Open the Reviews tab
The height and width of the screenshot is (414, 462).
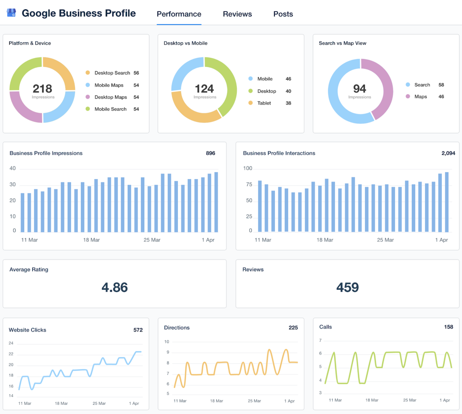[237, 14]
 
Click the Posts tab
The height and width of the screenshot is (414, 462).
[283, 14]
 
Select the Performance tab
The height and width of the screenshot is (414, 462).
[179, 14]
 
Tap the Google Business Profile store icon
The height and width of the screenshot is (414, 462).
[11, 13]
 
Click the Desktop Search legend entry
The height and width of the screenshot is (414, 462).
[112, 73]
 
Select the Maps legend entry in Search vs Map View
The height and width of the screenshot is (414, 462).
[420, 97]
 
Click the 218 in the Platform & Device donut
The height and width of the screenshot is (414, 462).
[42, 89]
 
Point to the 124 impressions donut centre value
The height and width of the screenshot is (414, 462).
[204, 89]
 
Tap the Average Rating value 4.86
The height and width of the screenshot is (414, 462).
[114, 287]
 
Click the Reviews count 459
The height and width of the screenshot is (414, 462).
[348, 287]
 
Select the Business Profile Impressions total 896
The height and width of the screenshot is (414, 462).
[210, 153]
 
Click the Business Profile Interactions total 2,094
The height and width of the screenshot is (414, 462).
[448, 153]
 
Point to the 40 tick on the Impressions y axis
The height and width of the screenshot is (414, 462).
[13, 169]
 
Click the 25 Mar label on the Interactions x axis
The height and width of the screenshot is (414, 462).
[385, 240]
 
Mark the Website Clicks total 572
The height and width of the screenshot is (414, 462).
[138, 330]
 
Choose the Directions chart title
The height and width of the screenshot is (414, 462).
[177, 327]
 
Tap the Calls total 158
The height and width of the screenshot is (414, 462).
[449, 327]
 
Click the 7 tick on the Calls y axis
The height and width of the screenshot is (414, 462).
[320, 340]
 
